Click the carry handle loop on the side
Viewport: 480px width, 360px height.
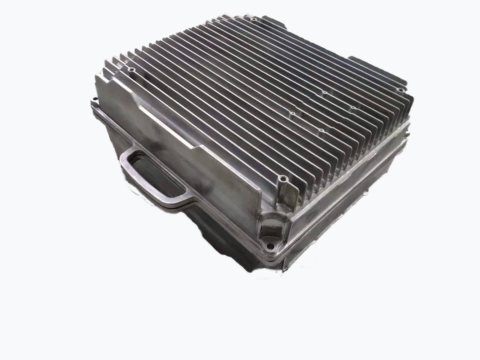(x=127, y=173)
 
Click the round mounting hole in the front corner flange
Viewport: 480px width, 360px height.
(x=267, y=247)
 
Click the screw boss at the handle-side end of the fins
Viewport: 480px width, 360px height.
(x=132, y=70)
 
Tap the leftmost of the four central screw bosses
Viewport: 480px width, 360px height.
(x=292, y=114)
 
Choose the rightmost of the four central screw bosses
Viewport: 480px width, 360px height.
(x=352, y=108)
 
